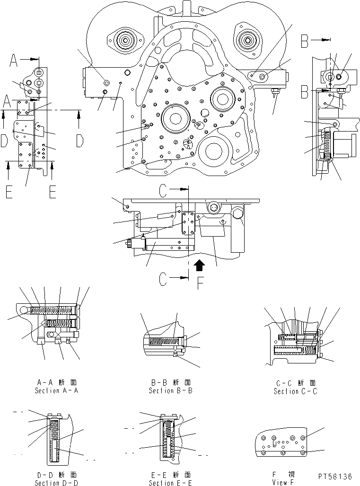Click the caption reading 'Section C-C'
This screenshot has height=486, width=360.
(296, 391)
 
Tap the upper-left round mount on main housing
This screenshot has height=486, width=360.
(124, 41)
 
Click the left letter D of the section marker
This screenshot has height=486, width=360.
(4, 141)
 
